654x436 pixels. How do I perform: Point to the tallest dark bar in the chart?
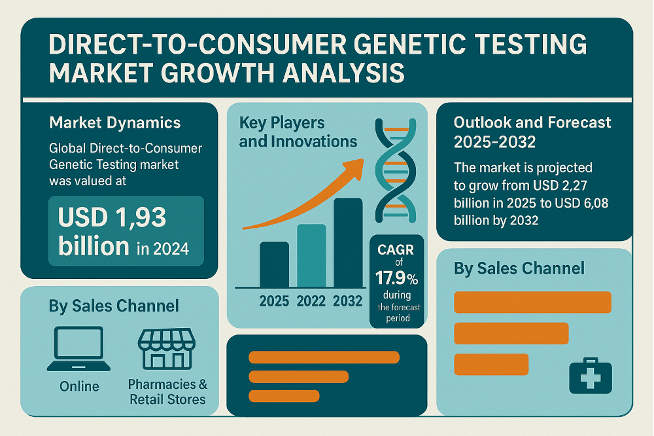(347, 242)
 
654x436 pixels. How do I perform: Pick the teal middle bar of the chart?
(311, 255)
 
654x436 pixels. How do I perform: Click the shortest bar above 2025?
(274, 264)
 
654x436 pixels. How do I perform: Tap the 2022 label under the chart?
(311, 302)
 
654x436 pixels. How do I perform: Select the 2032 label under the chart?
(347, 302)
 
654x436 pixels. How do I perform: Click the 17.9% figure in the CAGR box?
(396, 277)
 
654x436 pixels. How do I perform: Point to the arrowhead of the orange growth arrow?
(358, 163)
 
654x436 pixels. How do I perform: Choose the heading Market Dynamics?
(115, 122)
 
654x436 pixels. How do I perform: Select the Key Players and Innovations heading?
(298, 132)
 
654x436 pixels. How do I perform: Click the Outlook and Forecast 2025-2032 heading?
(532, 131)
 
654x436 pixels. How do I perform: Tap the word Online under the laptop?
(80, 386)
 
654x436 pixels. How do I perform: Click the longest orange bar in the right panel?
(532, 302)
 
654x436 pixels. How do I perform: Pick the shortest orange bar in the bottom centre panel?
(284, 395)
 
